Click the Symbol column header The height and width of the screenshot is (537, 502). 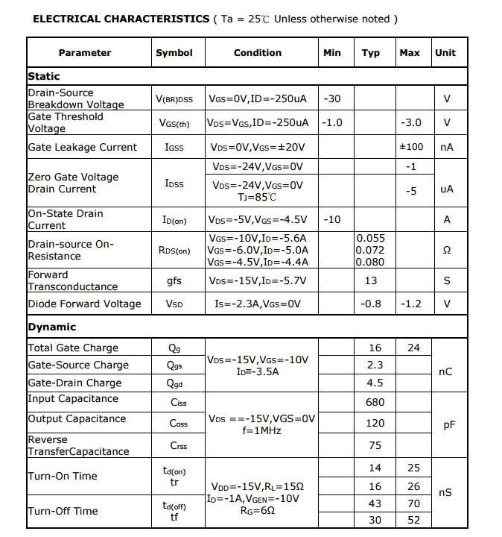click(x=174, y=53)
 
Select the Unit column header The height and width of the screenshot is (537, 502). click(x=445, y=53)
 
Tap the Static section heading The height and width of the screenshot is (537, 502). click(x=44, y=76)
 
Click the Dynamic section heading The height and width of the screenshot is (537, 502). click(x=52, y=327)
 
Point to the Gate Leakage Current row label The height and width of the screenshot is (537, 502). click(x=83, y=147)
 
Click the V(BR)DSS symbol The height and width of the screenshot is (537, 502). click(x=174, y=99)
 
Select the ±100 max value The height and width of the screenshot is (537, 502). click(x=411, y=147)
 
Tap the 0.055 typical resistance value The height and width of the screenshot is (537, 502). click(x=370, y=238)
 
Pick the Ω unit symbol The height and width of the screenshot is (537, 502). click(x=447, y=251)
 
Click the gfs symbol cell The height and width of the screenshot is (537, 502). click(x=174, y=281)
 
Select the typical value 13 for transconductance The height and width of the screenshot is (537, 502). click(x=371, y=281)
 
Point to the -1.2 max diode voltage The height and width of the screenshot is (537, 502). click(x=411, y=304)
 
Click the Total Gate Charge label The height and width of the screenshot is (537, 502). click(x=73, y=348)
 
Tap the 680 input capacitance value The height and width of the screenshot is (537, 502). click(x=375, y=402)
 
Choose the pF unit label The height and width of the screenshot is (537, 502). click(x=449, y=424)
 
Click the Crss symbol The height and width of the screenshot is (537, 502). click(x=178, y=446)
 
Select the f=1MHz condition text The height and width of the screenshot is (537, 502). click(x=261, y=430)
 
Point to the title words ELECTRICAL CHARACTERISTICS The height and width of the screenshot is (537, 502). click(x=121, y=19)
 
